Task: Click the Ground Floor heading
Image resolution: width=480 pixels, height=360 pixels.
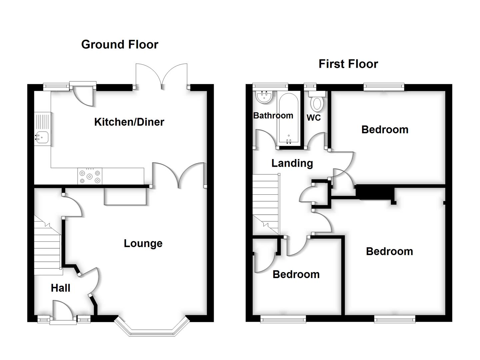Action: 120,44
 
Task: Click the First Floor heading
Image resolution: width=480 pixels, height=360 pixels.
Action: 348,64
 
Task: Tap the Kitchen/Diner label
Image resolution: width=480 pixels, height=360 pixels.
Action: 129,122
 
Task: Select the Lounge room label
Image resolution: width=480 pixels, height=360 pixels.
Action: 143,243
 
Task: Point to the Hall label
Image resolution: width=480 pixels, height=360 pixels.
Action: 60,288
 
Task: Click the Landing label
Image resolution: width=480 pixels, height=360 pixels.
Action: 292,163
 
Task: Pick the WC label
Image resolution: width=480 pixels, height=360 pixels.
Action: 314,117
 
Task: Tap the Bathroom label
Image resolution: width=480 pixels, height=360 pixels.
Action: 273,115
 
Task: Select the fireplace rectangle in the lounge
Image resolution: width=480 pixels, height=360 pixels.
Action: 125,196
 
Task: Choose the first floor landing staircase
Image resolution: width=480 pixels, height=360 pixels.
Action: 266,203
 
